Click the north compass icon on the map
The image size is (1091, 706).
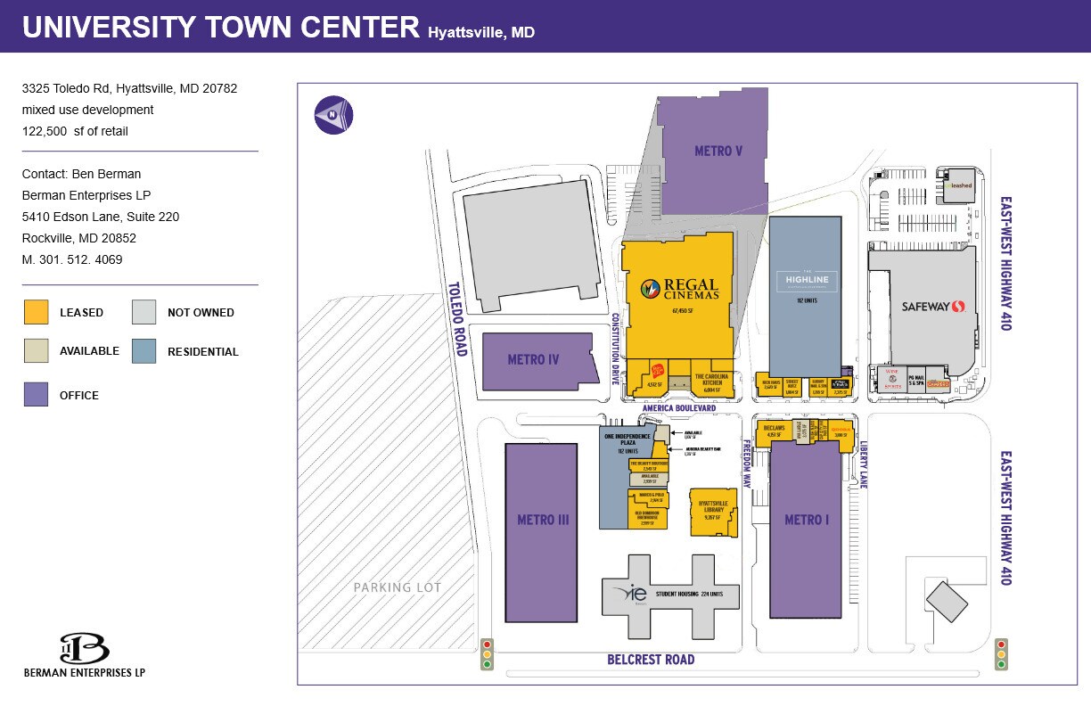333,115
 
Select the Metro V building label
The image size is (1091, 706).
718,152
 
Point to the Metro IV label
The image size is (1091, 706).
533,360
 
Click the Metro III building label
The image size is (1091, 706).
543,520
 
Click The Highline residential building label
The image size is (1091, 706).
807,280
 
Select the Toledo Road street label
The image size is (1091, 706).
455,319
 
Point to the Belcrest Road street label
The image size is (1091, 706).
651,660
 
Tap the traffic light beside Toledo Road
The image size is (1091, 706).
487,653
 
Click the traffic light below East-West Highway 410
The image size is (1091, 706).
1001,653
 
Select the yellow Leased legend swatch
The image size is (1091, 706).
36,312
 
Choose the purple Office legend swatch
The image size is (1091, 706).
36,395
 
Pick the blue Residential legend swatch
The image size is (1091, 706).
144,351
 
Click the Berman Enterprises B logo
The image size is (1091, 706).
84,649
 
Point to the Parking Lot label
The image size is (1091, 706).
397,587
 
